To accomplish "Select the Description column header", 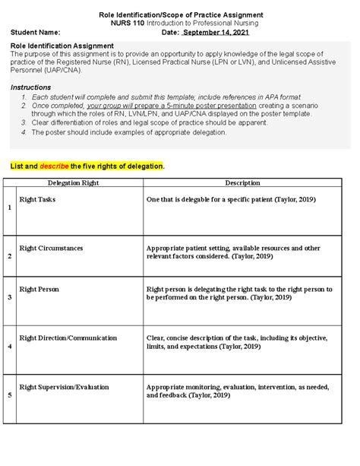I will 242,183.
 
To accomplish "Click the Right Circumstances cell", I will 51,248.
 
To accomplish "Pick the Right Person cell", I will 39,290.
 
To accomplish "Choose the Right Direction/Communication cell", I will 68,338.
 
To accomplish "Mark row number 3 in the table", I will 9,298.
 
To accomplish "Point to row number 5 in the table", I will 9,396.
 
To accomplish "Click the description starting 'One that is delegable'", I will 230,199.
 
